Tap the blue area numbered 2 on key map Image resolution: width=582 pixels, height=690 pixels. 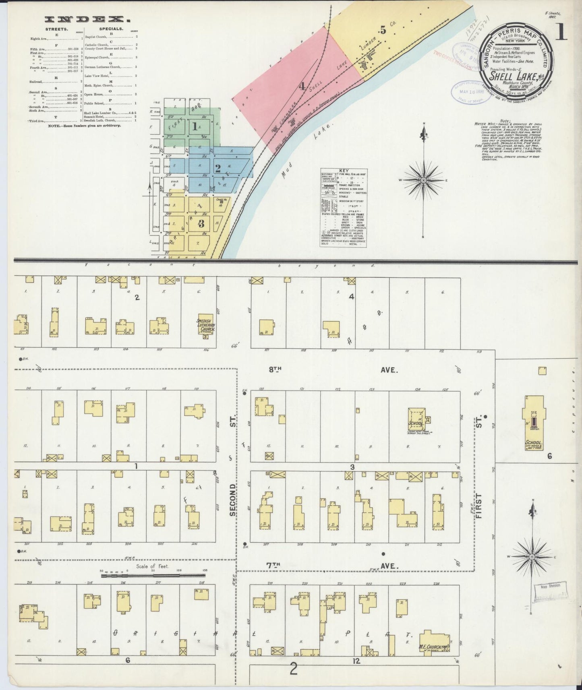pos(217,168)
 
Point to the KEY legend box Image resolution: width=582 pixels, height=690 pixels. pos(344,207)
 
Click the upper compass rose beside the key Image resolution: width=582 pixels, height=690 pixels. pos(423,180)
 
